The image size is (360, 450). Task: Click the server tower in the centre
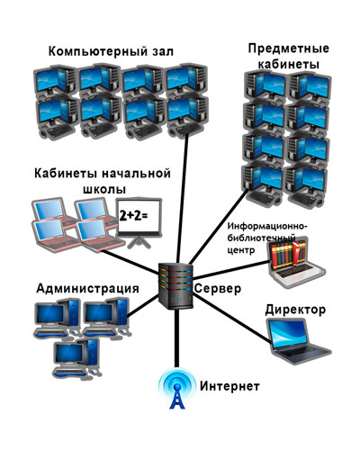pyautogui.click(x=175, y=285)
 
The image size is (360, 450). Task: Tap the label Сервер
pyautogui.click(x=218, y=288)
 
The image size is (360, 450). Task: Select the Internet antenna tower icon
pyautogui.click(x=177, y=389)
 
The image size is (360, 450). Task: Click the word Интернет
pyautogui.click(x=229, y=386)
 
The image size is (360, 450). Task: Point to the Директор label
pyautogui.click(x=295, y=310)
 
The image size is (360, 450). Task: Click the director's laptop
pyautogui.click(x=298, y=341)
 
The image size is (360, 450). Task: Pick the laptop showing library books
pyautogui.click(x=296, y=262)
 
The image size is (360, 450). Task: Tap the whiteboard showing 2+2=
pyautogui.click(x=139, y=223)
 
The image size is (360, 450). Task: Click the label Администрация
pyautogui.click(x=87, y=288)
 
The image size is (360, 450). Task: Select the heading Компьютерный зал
pyautogui.click(x=111, y=51)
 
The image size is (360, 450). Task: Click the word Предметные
pyautogui.click(x=288, y=49)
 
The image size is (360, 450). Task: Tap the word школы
pyautogui.click(x=103, y=189)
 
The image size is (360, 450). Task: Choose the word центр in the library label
pyautogui.click(x=241, y=250)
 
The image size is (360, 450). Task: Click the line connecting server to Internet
pyautogui.click(x=176, y=337)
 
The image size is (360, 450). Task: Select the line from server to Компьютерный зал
pyautogui.click(x=183, y=199)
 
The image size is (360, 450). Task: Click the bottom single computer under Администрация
pyautogui.click(x=77, y=358)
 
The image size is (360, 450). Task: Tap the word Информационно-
pyautogui.click(x=267, y=226)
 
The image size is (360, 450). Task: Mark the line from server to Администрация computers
pyautogui.click(x=143, y=306)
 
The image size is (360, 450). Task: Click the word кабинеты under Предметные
pyautogui.click(x=289, y=64)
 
